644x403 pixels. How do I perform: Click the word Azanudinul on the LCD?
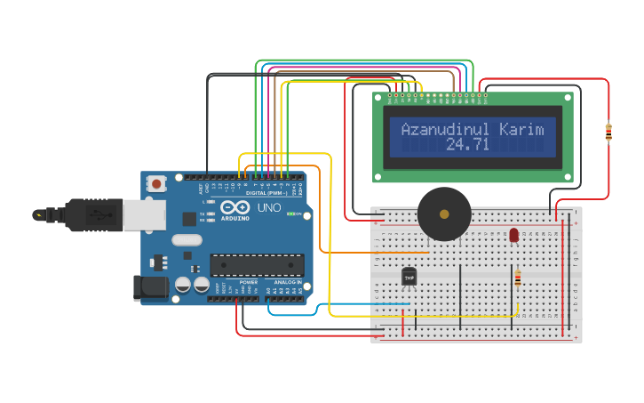click(x=439, y=130)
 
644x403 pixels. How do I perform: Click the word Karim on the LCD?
click(x=521, y=130)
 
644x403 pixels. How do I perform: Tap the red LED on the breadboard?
click(x=514, y=235)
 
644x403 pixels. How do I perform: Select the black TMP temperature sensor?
click(x=409, y=278)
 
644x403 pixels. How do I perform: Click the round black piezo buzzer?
click(x=444, y=214)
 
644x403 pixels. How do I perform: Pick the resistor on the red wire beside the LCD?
click(x=608, y=132)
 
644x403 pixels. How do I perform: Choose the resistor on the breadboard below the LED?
click(x=518, y=279)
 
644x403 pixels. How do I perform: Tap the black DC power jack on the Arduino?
click(x=149, y=286)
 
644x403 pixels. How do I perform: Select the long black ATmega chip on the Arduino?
click(x=257, y=265)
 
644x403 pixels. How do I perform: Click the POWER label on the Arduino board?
click(x=249, y=281)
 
